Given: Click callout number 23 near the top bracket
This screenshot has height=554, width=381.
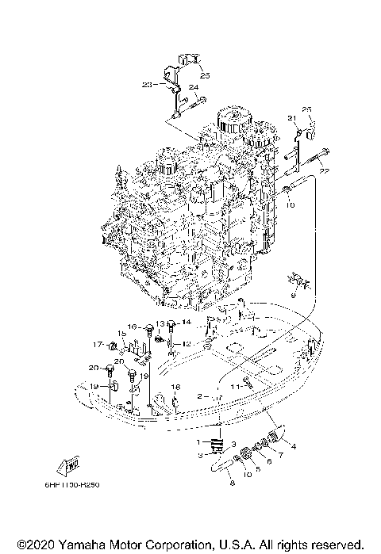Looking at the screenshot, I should [147, 83].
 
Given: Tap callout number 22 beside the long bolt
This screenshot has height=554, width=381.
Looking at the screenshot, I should [323, 170].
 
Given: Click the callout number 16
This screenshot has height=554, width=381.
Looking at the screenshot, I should [133, 327].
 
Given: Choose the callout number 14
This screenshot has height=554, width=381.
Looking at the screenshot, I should [187, 322].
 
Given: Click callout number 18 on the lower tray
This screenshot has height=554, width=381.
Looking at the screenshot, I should [176, 387].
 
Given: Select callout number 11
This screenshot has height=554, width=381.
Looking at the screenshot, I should [234, 384].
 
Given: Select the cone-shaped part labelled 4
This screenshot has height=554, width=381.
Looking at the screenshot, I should [275, 435].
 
